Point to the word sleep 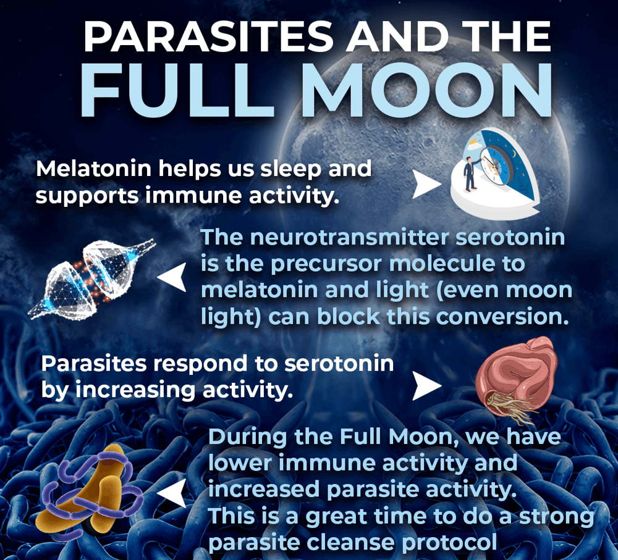coord(291,169)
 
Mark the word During coord(247,438)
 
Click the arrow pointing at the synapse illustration coord(172,277)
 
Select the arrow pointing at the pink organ coord(426,387)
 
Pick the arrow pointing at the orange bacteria coord(172,493)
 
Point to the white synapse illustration coord(92,278)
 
